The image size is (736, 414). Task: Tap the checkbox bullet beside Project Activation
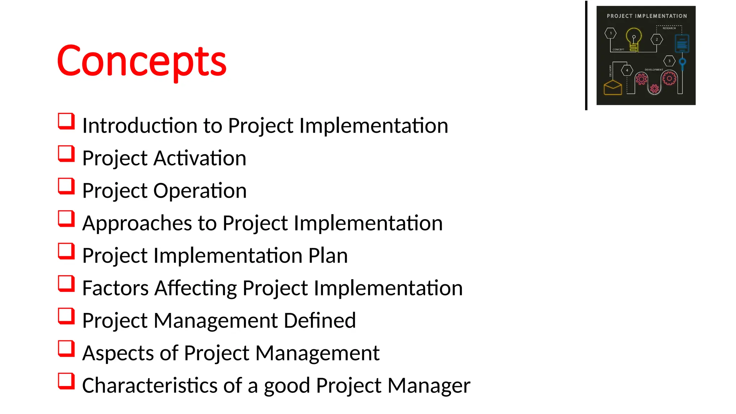[66, 154]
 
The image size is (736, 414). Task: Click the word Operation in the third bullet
[200, 190]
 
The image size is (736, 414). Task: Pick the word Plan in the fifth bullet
[328, 256]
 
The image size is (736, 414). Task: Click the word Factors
[115, 288]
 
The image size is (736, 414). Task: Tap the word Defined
[319, 321]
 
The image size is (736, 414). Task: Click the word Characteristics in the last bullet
[149, 386]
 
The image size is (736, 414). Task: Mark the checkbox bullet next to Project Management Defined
[66, 316]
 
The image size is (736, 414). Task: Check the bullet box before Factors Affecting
[66, 284]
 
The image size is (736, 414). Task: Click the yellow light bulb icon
[634, 40]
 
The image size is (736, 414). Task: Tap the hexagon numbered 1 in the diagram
[610, 33]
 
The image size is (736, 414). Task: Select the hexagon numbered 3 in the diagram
[669, 61]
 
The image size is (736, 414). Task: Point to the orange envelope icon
[613, 87]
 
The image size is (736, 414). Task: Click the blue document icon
[682, 43]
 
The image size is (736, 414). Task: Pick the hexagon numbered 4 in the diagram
[627, 70]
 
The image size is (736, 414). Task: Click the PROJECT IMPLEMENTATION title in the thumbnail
[647, 16]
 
